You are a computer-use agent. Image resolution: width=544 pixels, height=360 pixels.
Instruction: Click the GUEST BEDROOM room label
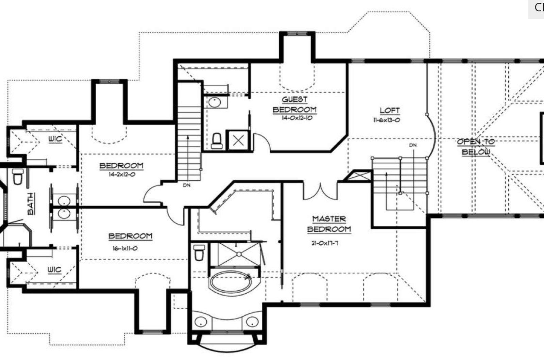(294, 105)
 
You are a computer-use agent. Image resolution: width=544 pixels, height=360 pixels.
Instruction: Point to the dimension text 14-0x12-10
(297, 118)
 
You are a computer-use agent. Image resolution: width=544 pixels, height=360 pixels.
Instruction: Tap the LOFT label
(390, 111)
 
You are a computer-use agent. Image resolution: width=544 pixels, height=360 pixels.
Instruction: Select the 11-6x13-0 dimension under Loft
(387, 120)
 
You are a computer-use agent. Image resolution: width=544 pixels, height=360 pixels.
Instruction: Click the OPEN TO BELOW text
(476, 147)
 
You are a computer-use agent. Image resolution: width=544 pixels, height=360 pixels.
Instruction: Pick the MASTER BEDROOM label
(329, 224)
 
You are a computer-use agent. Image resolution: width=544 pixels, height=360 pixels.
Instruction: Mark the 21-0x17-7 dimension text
(325, 243)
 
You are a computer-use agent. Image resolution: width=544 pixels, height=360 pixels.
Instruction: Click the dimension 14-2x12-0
(122, 175)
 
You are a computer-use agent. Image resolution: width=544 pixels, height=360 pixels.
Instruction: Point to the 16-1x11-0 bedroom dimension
(125, 248)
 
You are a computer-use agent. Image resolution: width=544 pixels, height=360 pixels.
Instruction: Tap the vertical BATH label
(31, 204)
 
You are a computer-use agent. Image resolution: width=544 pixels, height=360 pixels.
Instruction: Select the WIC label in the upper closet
(55, 139)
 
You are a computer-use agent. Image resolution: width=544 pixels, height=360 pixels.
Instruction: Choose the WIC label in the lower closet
(54, 270)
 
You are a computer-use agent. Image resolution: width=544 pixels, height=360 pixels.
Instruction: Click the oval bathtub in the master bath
(231, 283)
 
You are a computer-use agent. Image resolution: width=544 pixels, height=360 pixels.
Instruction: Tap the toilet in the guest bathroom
(217, 141)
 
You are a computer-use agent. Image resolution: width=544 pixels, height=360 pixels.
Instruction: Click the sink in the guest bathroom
(215, 102)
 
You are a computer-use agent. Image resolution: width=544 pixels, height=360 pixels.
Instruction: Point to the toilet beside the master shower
(199, 253)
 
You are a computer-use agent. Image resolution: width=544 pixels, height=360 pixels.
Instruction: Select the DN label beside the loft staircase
(413, 145)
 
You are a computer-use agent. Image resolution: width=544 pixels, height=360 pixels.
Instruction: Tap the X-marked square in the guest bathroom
(238, 141)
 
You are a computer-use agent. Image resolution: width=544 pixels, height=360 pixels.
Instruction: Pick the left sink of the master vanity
(201, 322)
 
